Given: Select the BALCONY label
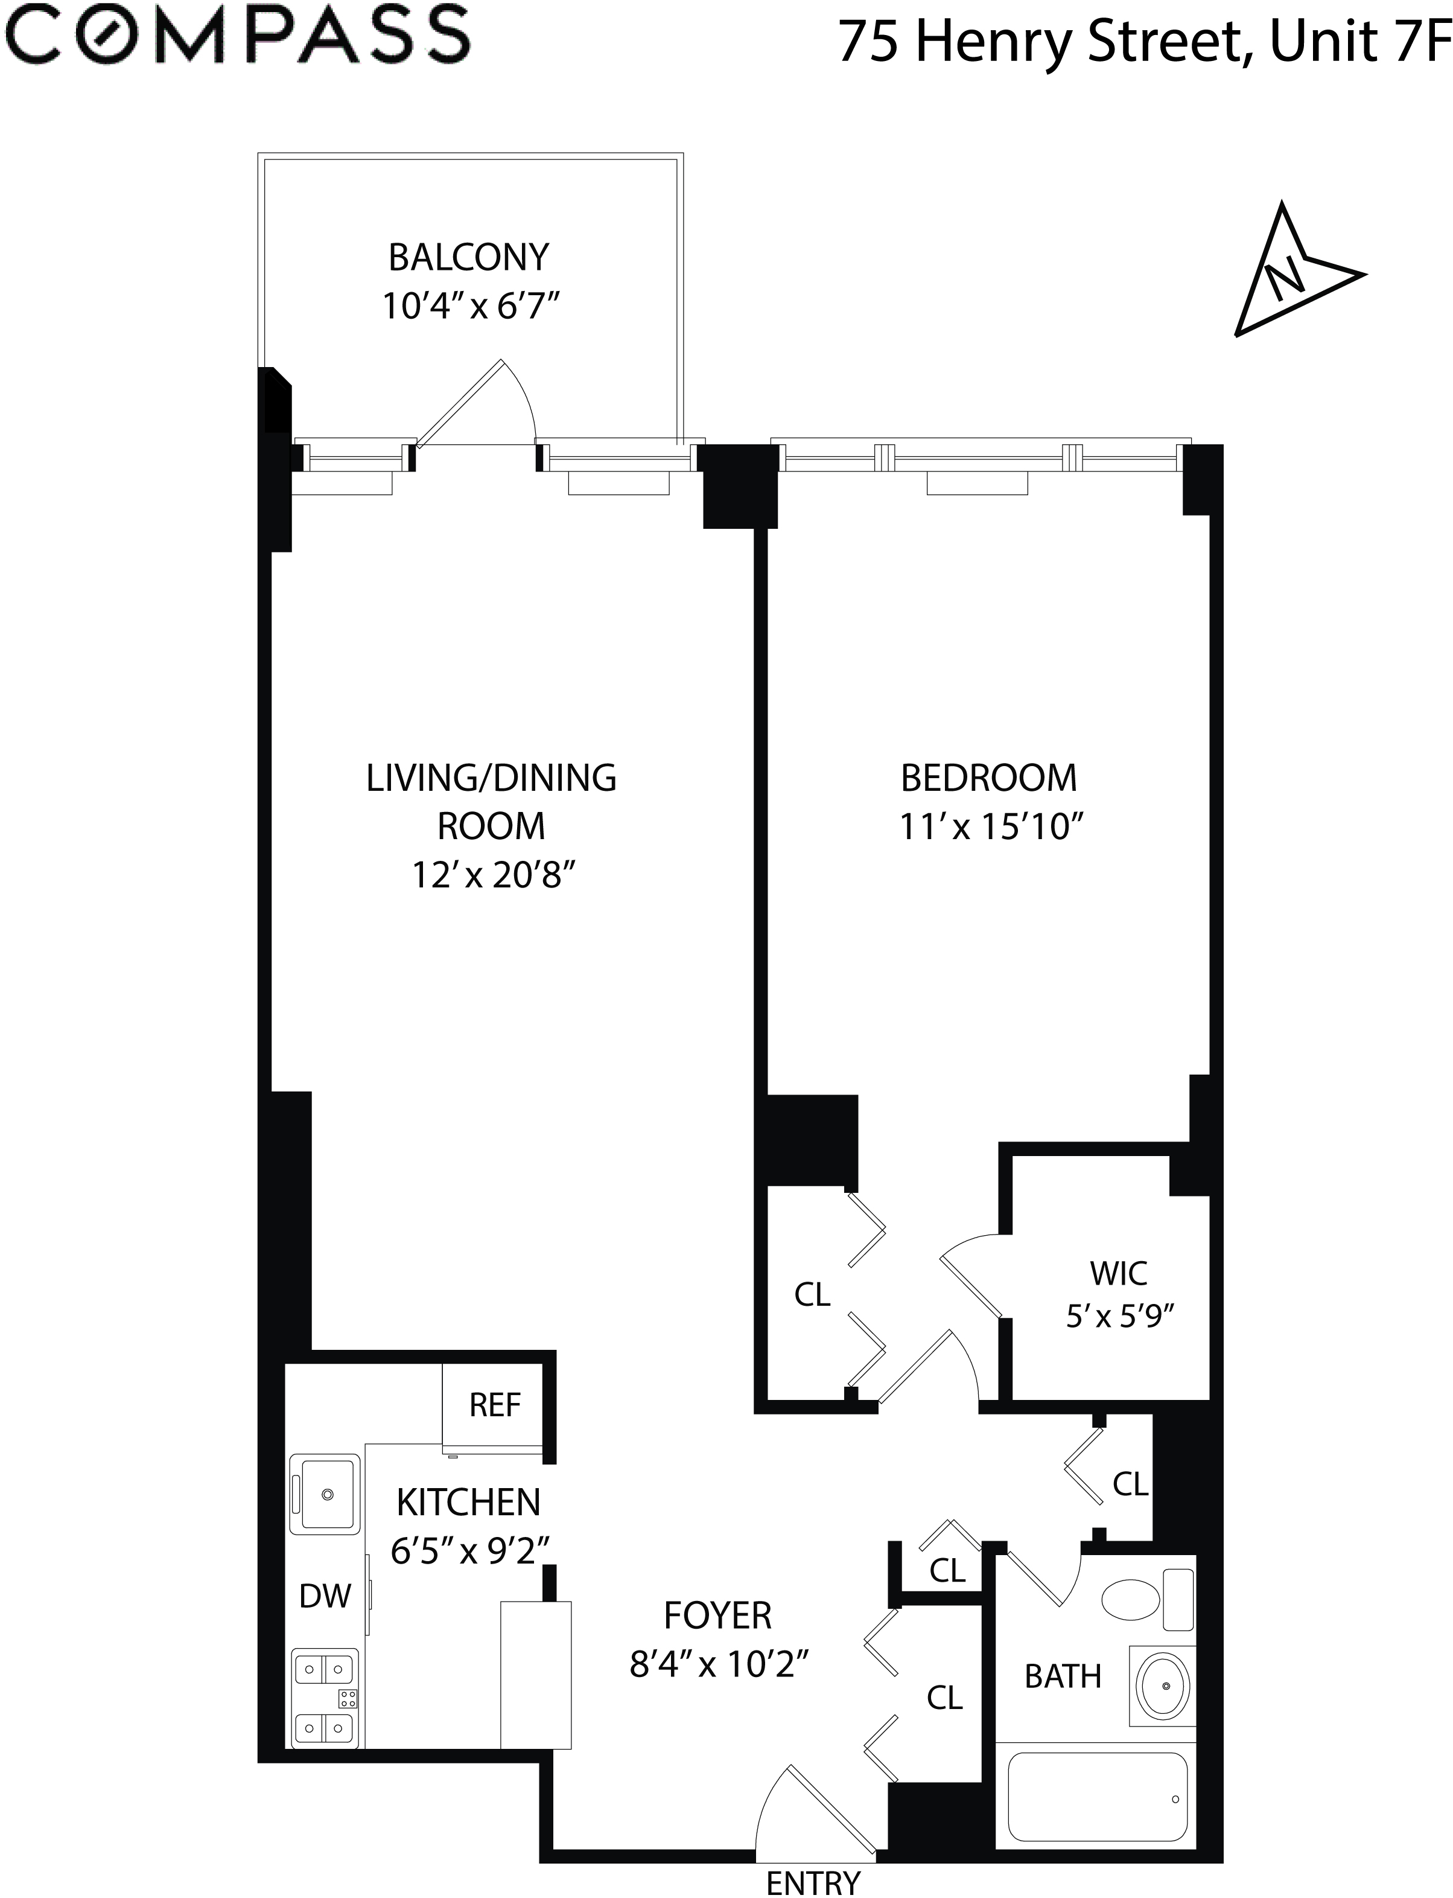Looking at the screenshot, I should pyautogui.click(x=469, y=258).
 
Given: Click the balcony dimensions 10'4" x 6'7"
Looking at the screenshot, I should pyautogui.click(x=471, y=306).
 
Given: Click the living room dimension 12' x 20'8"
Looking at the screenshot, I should pyautogui.click(x=493, y=875).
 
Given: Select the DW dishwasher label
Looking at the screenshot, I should pyautogui.click(x=325, y=1596).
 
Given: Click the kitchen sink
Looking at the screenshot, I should pyautogui.click(x=326, y=1494).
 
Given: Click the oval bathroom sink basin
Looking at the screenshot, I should pyautogui.click(x=1163, y=1686).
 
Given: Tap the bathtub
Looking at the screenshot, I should pyautogui.click(x=1096, y=1797).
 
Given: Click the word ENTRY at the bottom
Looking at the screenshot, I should pyautogui.click(x=813, y=1884).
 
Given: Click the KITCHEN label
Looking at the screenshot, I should pyautogui.click(x=469, y=1503).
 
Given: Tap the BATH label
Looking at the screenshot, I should pyautogui.click(x=1063, y=1676).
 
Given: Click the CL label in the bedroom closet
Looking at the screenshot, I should pyautogui.click(x=812, y=1295).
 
